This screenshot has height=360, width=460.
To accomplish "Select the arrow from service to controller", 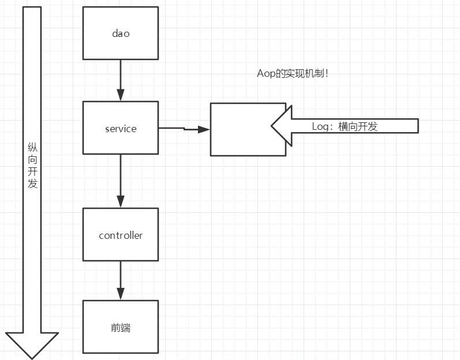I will click(121, 181).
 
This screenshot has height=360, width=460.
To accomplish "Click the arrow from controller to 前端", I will click(121, 280).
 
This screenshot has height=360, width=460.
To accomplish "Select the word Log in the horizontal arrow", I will click(320, 127).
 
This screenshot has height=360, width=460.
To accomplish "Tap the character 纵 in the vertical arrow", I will click(32, 148).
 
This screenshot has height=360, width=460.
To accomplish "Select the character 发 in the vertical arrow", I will click(32, 183).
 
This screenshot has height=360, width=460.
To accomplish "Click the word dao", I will click(120, 33).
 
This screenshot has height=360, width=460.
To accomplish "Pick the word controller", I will click(120, 235).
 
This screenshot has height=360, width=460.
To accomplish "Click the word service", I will click(120, 129).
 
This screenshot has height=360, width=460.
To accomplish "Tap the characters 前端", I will click(120, 328).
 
